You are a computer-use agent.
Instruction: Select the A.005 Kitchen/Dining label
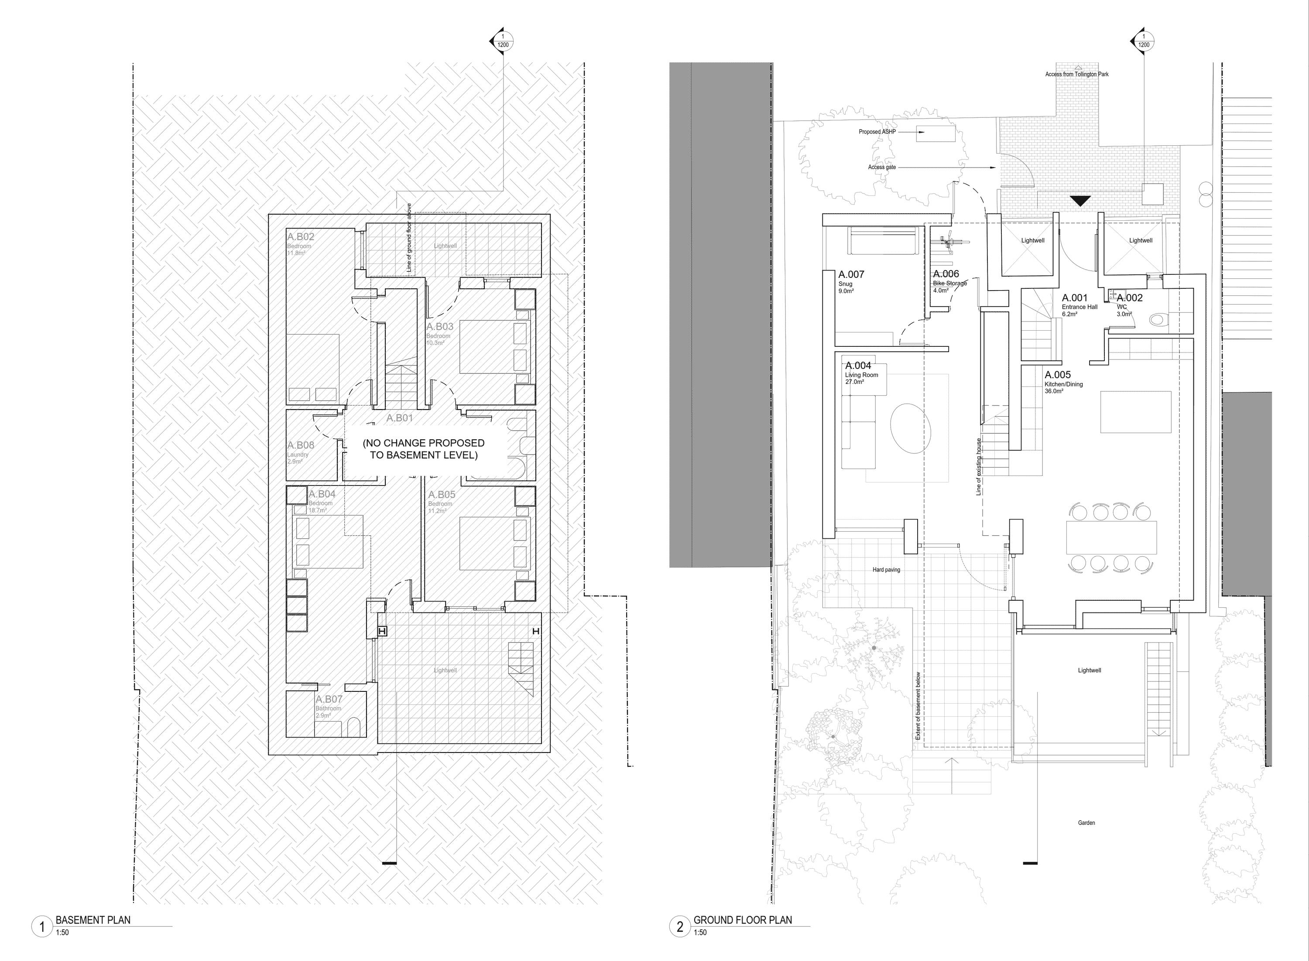coord(1058,376)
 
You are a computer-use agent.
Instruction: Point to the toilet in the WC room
coord(1157,319)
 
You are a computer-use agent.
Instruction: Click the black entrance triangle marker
coord(1080,201)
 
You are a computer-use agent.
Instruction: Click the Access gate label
coord(881,168)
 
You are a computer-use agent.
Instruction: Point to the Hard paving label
coord(886,570)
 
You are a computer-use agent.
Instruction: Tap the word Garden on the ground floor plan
coord(1086,823)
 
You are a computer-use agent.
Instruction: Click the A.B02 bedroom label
coord(300,237)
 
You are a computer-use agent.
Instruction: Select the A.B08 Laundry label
coord(300,445)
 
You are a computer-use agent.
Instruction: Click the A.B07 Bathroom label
coord(329,700)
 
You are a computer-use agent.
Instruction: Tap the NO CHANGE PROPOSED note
coord(424,449)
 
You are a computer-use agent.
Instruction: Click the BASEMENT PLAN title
coord(93,920)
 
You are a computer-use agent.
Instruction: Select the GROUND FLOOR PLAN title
coord(742,920)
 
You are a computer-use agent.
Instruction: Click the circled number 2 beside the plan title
coord(679,926)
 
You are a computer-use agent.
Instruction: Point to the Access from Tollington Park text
coord(1076,75)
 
